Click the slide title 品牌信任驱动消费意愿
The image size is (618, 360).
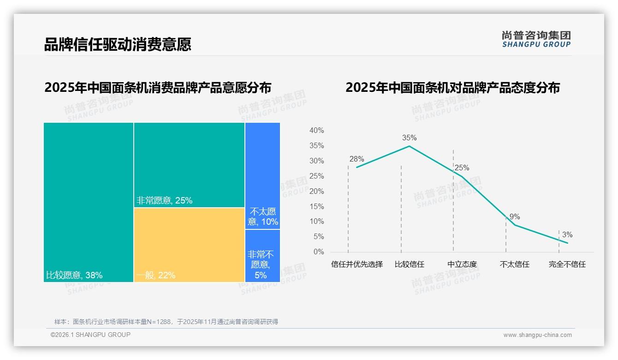coord(118,45)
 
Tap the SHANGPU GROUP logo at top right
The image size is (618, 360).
coord(536,39)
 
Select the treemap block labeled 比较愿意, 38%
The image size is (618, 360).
coord(89,202)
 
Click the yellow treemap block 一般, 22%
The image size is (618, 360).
coord(189,245)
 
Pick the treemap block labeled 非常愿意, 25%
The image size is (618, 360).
coord(189,165)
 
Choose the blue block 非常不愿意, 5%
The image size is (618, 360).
coord(262,256)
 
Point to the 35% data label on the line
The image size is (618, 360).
coord(409,138)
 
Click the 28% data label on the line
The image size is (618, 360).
coord(357,159)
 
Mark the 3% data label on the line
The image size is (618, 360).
coord(567,235)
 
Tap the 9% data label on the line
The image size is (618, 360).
coord(515,217)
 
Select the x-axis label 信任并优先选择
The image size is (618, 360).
coord(357,264)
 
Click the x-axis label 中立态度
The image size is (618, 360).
coord(462,264)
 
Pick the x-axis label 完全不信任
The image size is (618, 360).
coord(567,264)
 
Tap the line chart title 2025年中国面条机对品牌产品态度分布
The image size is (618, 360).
coord(452,88)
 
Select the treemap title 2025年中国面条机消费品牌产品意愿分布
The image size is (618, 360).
coord(158,88)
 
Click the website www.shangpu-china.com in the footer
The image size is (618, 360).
coord(537,335)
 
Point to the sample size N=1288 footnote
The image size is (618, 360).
coord(166,322)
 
